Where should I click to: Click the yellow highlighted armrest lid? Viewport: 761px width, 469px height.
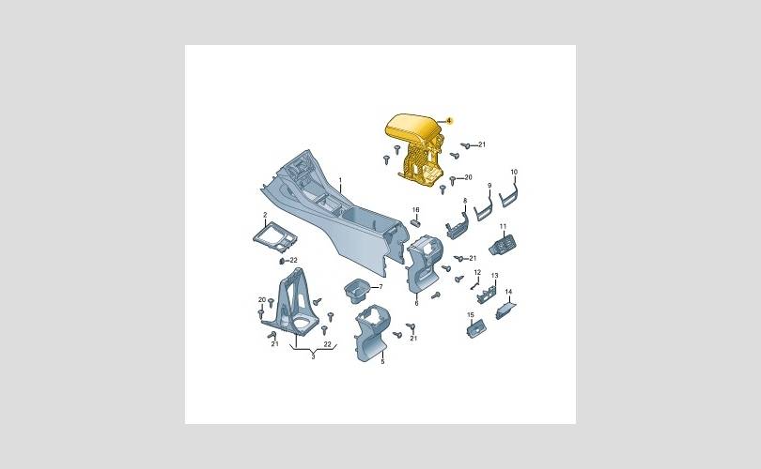tap(412, 127)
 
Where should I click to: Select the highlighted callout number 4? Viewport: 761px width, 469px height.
tap(449, 120)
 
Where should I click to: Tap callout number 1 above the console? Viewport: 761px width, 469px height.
tap(340, 180)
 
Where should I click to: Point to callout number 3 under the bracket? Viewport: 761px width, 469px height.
tap(313, 356)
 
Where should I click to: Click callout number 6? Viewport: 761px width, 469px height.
tap(416, 303)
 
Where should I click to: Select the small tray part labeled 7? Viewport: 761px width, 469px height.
tap(357, 290)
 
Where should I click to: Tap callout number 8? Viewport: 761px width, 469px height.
tap(465, 201)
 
